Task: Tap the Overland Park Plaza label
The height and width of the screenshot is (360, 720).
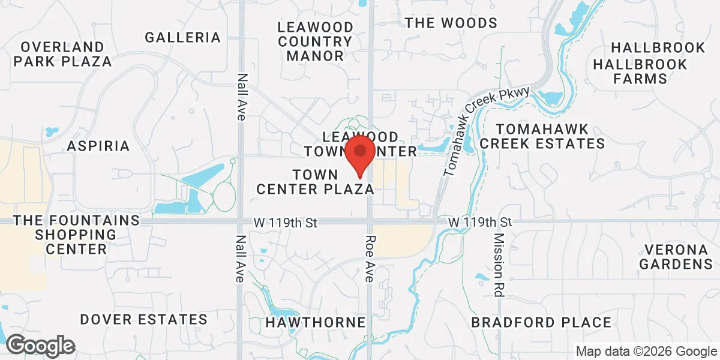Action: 63,54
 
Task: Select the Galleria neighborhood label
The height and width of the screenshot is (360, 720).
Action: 183,37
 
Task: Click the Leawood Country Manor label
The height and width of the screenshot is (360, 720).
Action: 315,41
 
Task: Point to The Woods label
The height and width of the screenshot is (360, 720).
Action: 451,23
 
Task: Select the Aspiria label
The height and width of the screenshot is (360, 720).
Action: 98,146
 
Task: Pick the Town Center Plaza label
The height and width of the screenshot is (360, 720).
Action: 316,182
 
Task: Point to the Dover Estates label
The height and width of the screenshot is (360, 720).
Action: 143,319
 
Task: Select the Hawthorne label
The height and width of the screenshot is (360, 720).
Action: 316,323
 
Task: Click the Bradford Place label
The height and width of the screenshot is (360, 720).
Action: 541,323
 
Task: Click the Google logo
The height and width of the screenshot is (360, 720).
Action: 40,346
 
